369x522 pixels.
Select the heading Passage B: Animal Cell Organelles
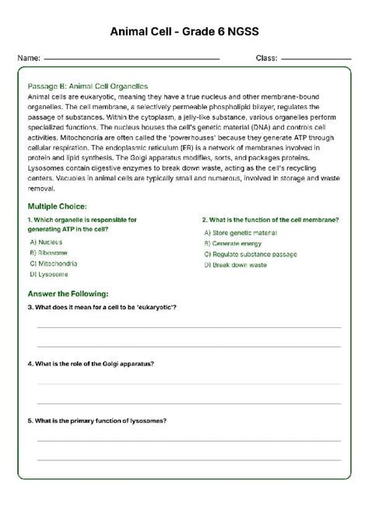(x=87, y=86)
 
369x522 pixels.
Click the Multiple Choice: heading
(x=58, y=207)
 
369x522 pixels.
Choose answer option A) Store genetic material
(x=241, y=232)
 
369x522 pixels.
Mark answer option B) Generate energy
(x=234, y=243)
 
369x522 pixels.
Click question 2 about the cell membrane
(x=270, y=220)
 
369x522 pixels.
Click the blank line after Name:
(x=132, y=59)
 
